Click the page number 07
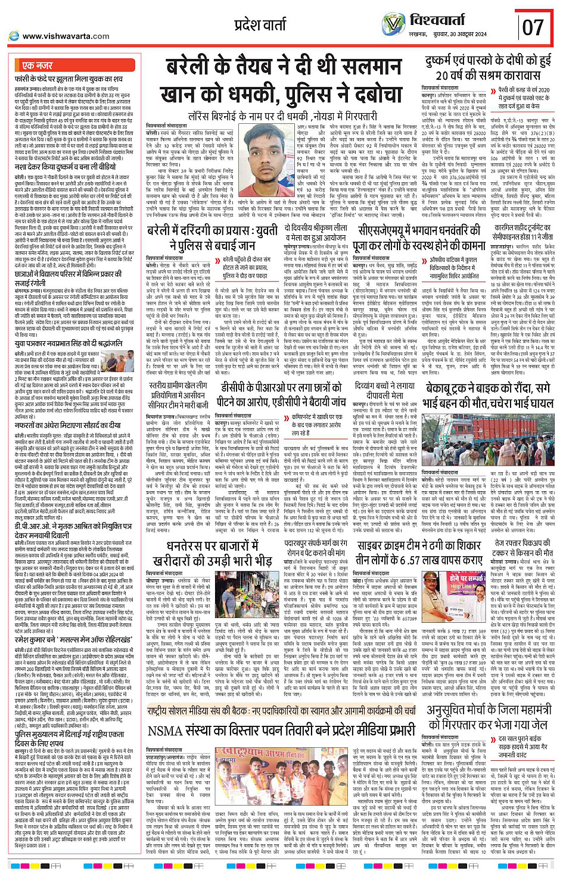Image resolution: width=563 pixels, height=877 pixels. point(533,27)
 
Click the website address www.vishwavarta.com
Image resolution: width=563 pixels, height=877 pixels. point(65,36)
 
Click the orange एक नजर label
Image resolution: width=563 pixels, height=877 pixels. point(37,65)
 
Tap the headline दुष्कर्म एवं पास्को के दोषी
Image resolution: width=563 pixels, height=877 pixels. point(488,68)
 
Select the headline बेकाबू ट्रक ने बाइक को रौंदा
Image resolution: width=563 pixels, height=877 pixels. point(488,395)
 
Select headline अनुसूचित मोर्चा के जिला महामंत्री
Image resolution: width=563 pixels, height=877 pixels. point(488,717)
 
